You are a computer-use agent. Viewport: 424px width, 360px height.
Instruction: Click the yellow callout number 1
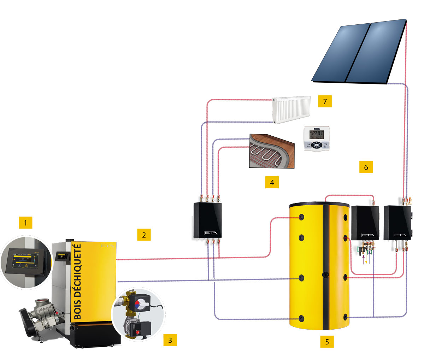[25, 223]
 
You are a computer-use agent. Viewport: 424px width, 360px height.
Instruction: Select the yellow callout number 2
[144, 235]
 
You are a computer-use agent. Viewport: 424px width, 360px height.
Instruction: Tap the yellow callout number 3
[170, 340]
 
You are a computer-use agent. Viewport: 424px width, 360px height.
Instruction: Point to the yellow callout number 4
[272, 182]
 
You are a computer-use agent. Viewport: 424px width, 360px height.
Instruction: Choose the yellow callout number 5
[327, 342]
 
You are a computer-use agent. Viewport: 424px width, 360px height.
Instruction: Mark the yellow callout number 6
[366, 167]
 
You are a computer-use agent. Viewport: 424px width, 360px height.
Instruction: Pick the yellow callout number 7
[325, 101]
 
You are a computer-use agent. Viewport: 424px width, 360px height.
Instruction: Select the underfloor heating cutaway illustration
[270, 151]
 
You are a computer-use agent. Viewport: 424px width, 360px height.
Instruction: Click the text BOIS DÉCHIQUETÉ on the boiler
[78, 281]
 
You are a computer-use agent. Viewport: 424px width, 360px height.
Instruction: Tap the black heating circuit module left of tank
[208, 220]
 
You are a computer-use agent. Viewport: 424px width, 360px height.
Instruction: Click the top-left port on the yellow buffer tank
[302, 217]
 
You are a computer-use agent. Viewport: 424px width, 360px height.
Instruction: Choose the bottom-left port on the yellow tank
[301, 318]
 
